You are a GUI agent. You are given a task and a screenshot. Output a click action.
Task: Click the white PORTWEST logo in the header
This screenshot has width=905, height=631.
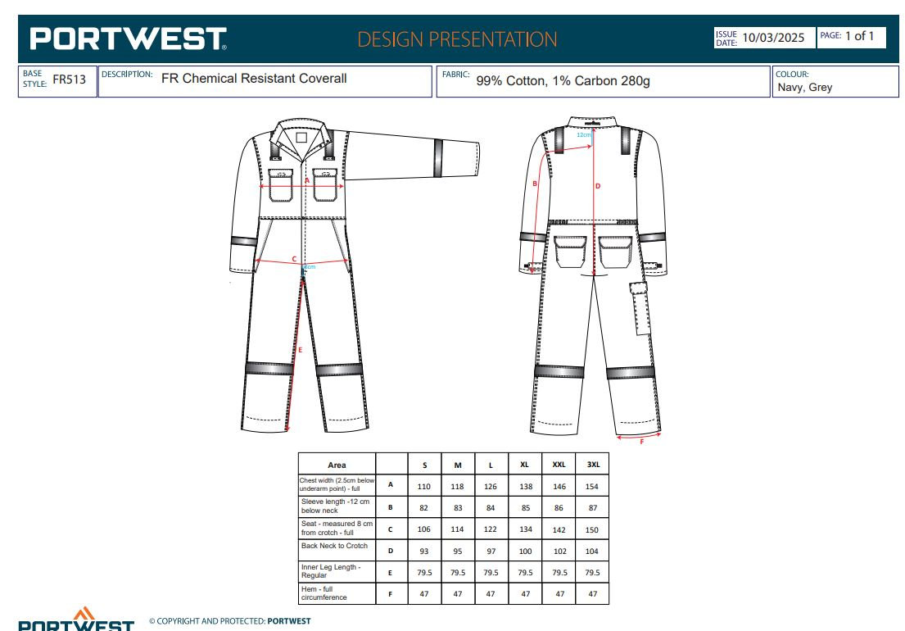[128, 39]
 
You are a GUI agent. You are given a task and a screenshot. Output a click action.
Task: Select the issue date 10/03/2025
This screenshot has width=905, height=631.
[773, 38]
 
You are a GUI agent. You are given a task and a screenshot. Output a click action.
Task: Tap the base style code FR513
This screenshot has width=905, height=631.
[70, 79]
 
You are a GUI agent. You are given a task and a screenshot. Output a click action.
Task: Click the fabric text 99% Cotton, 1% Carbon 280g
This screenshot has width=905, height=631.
[563, 81]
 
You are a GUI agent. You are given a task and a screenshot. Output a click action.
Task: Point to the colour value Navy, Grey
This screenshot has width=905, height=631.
[804, 87]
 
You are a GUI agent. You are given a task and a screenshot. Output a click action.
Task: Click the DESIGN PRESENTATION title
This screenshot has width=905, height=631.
[457, 39]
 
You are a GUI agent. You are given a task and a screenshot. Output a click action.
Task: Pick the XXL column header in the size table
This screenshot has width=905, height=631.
[559, 464]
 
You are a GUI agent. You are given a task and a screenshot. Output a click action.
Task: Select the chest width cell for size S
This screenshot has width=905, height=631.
[423, 486]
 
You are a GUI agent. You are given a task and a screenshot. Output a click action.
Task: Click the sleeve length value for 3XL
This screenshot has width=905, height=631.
[593, 507]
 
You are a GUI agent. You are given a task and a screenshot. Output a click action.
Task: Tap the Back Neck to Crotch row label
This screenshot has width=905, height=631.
[334, 546]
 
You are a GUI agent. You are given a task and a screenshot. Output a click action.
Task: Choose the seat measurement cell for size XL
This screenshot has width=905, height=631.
[525, 529]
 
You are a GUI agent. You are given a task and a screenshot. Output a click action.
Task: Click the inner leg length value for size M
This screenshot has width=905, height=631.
[458, 573]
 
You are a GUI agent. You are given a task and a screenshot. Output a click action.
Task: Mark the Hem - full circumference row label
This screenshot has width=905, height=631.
[324, 593]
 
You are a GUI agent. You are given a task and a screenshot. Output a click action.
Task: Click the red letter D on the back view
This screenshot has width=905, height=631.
[598, 186]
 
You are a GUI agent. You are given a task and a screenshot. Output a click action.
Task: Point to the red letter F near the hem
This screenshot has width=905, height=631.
[641, 442]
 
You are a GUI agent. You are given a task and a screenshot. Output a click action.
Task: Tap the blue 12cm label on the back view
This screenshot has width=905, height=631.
[584, 135]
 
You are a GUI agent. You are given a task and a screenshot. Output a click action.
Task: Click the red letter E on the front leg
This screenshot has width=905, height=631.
[300, 350]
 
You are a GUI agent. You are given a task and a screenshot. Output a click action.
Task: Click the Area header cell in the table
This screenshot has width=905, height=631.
[337, 465]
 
